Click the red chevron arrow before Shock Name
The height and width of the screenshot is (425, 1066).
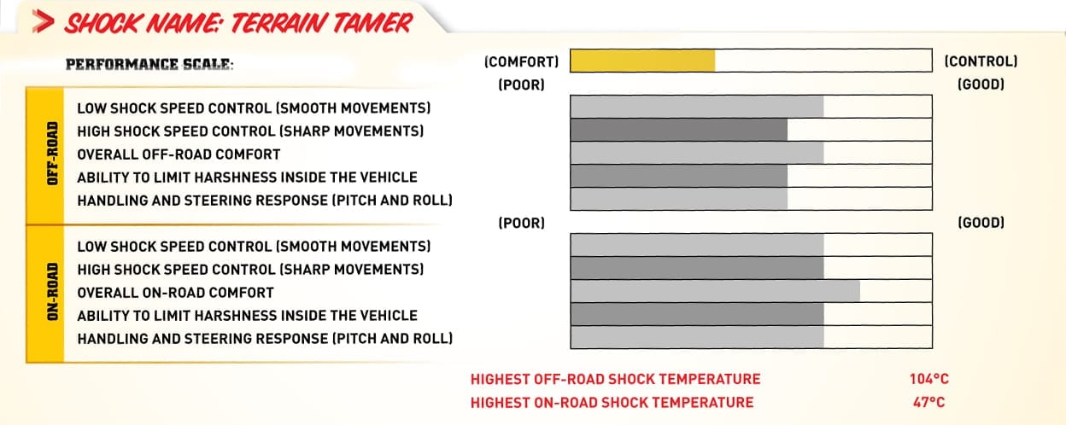(43, 21)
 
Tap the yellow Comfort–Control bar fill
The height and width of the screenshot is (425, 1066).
(642, 61)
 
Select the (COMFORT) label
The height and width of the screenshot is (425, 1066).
(521, 61)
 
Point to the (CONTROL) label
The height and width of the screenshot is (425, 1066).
(981, 61)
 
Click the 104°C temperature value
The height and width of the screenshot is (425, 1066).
(929, 379)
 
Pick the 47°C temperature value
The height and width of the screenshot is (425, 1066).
(928, 402)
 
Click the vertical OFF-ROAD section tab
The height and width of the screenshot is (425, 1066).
(45, 155)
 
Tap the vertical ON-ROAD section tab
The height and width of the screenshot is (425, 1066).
(45, 294)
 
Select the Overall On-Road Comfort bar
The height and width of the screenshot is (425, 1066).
(715, 291)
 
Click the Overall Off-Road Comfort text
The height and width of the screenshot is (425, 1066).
(179, 154)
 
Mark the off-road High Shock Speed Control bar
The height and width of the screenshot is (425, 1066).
(678, 130)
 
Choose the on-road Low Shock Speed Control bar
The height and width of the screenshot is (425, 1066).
(697, 245)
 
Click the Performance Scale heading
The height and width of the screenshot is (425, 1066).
(149, 64)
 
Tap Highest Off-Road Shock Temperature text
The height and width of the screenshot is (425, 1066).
(615, 379)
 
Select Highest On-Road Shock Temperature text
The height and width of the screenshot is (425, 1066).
(612, 402)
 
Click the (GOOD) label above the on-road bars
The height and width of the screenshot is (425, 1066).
(981, 223)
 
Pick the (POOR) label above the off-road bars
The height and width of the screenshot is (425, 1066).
(521, 85)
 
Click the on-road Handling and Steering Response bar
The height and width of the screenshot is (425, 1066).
(697, 337)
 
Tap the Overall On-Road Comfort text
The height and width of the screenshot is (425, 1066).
(175, 293)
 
